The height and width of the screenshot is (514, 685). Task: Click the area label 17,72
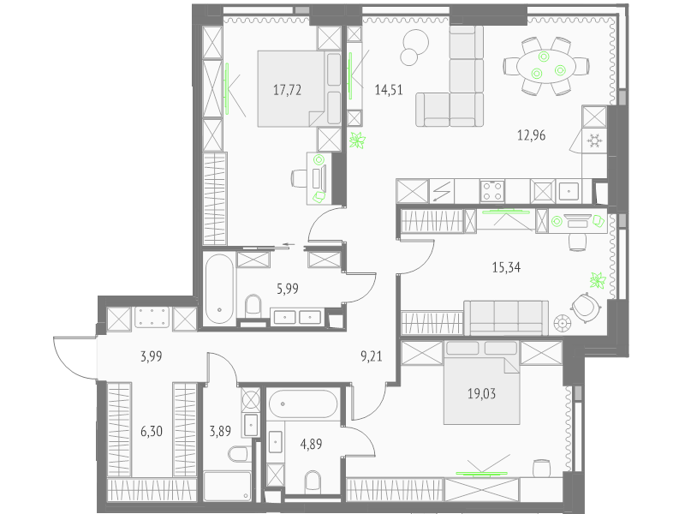287,90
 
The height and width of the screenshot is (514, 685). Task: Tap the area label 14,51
389,90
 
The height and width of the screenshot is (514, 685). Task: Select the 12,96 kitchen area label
531,135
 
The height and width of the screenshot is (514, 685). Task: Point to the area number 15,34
506,267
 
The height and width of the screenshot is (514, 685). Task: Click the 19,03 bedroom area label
481,394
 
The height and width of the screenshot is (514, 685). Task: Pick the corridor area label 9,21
372,356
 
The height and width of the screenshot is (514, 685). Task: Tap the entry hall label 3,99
152,356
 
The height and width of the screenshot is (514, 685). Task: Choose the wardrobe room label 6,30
152,432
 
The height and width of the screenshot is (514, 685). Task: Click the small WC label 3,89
220,432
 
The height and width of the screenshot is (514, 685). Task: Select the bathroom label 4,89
311,444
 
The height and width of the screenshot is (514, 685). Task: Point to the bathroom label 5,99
288,289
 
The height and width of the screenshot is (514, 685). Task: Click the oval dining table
546,66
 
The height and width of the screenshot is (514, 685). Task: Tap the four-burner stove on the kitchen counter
492,191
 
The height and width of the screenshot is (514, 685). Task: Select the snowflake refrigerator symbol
594,140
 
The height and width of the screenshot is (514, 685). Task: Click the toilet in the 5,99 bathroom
253,306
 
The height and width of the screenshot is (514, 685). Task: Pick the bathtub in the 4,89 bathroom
303,404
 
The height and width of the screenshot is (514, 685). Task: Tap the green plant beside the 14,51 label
357,140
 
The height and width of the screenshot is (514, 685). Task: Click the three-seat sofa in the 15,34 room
506,318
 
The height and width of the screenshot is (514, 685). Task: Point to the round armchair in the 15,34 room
585,308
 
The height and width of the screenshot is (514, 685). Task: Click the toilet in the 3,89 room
239,453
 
